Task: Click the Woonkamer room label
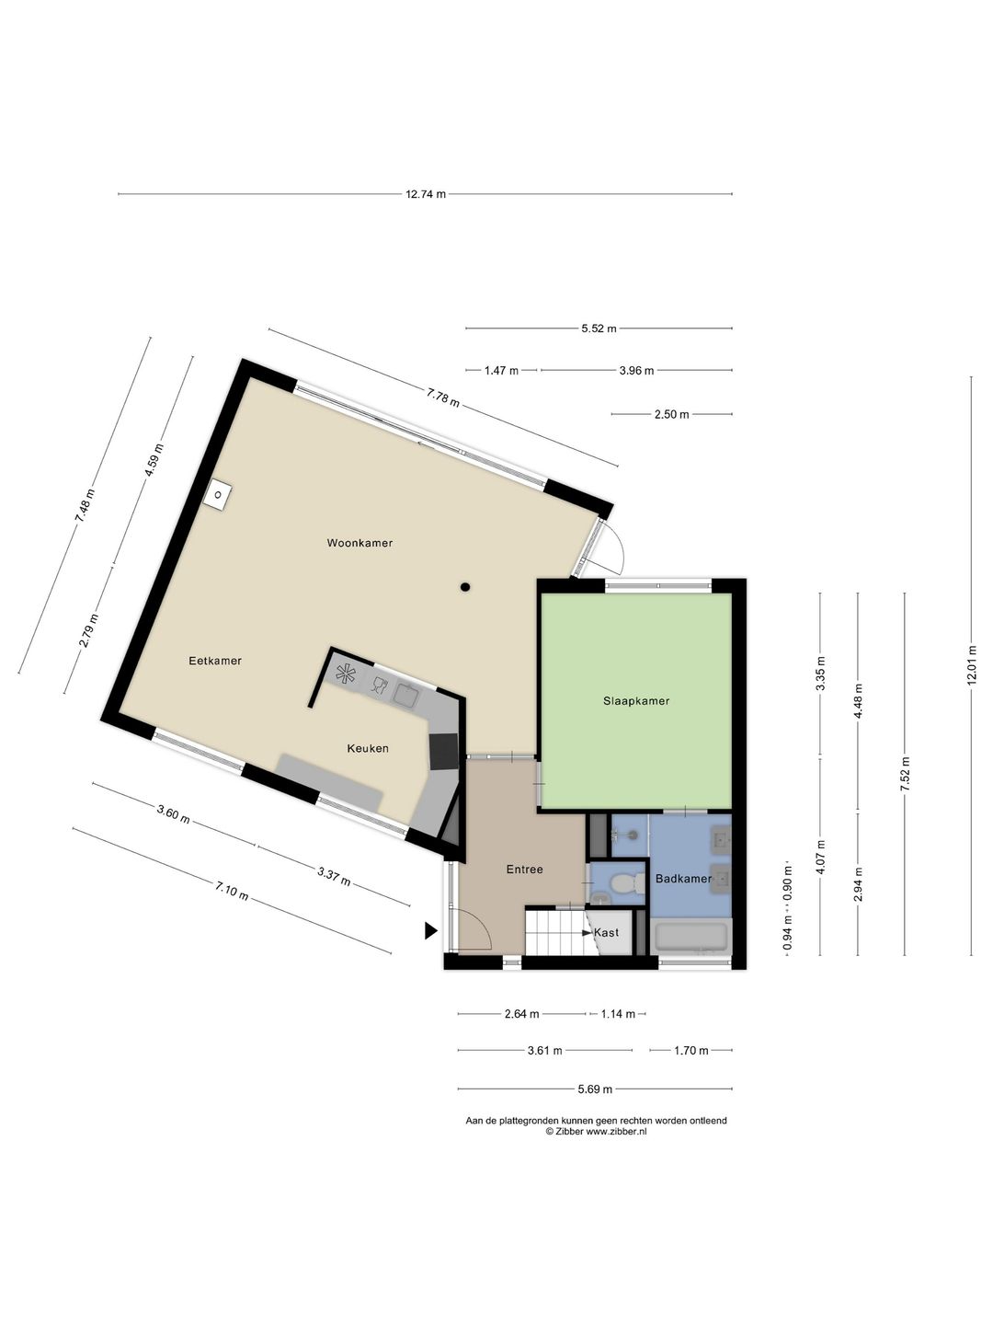(x=360, y=543)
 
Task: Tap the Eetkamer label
(x=215, y=661)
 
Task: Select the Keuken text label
(x=368, y=748)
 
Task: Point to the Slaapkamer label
(x=636, y=701)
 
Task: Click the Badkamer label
(x=683, y=879)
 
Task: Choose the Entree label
(x=524, y=870)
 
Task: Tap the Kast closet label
(x=607, y=933)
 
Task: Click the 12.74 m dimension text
(x=426, y=194)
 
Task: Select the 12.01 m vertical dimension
(x=971, y=666)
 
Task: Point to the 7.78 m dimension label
(x=443, y=397)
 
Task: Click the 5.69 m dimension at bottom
(x=595, y=1089)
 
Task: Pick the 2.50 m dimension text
(x=671, y=415)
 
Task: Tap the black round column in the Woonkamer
(x=465, y=586)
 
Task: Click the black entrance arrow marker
(x=430, y=931)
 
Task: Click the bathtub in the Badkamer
(x=691, y=937)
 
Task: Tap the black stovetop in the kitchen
(x=443, y=752)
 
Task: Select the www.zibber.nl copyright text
(x=597, y=1132)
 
